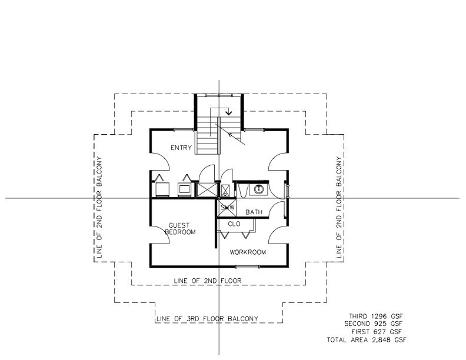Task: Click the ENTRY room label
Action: click(x=181, y=148)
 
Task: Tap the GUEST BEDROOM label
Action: click(x=180, y=229)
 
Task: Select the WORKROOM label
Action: click(x=248, y=252)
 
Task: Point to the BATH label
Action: click(x=254, y=212)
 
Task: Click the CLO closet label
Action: click(x=234, y=224)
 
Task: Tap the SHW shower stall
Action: click(x=228, y=208)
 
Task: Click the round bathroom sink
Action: click(x=258, y=189)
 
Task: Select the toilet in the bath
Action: click(x=243, y=190)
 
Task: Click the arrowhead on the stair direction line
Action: click(x=228, y=113)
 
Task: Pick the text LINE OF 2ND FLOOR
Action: click(x=208, y=281)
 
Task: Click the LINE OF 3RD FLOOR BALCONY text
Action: click(x=207, y=319)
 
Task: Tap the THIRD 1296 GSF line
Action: click(x=375, y=316)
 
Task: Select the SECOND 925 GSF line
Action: click(x=374, y=324)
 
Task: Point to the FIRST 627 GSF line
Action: click(x=377, y=332)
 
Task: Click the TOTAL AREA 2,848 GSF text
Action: click(x=367, y=339)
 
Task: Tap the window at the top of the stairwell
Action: click(x=219, y=95)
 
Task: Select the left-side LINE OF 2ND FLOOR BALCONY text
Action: click(x=99, y=207)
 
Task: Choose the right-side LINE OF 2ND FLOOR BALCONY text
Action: click(x=339, y=207)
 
